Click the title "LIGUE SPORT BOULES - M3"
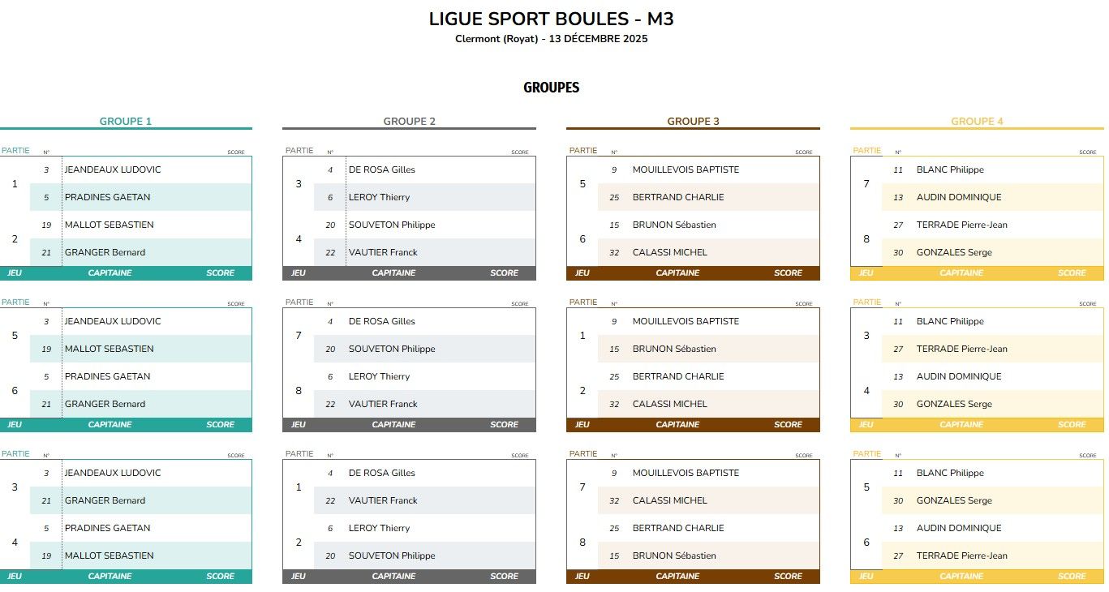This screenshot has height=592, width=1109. [x=551, y=19]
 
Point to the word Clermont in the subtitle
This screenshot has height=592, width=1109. [x=478, y=39]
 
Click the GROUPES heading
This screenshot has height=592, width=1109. [x=551, y=88]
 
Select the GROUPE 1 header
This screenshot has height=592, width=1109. [x=126, y=122]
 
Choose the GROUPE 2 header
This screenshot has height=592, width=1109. [x=409, y=122]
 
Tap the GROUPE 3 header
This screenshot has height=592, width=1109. [x=693, y=122]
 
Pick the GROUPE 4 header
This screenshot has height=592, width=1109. [x=977, y=122]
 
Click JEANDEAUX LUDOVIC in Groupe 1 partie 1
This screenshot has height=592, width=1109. [x=113, y=169]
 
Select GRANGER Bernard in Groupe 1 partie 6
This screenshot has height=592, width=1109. [x=105, y=404]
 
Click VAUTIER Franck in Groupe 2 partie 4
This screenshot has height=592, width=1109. [x=383, y=252]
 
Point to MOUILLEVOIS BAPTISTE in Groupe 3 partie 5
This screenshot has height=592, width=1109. [x=686, y=169]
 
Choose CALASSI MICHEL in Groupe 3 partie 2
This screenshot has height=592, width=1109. [x=669, y=404]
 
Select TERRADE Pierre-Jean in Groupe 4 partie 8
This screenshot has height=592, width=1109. [x=961, y=225]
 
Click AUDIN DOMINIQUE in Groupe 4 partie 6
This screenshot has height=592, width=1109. [x=958, y=528]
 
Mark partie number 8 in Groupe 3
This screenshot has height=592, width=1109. [x=582, y=542]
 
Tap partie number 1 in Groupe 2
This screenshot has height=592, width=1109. [x=299, y=487]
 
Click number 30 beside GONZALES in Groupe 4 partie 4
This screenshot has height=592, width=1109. [x=898, y=404]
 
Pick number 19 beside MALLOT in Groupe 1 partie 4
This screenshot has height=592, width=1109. [x=46, y=556]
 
